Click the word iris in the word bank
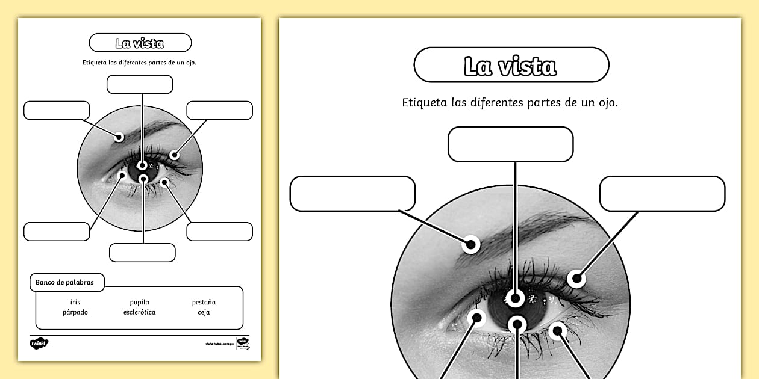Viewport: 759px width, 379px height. [x=75, y=302]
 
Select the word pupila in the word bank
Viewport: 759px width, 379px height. [x=139, y=302]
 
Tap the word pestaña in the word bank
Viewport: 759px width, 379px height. [x=204, y=302]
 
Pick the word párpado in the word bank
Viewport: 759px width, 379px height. [x=75, y=312]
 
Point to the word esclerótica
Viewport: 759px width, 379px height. [x=139, y=312]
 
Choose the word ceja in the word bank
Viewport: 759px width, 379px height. [x=204, y=312]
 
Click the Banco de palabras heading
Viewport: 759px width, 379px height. [x=64, y=282]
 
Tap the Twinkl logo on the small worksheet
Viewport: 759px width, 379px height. [x=39, y=343]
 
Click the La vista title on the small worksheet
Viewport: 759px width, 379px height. [x=140, y=43]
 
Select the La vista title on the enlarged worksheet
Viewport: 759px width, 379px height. [x=511, y=65]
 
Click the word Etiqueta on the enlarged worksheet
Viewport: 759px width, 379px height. [x=424, y=102]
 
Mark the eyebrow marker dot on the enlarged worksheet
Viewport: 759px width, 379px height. [x=471, y=244]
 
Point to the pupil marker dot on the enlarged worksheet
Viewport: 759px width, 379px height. [x=515, y=298]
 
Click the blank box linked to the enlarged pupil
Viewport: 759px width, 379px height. [x=510, y=144]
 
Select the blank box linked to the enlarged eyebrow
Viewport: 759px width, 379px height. [x=352, y=194]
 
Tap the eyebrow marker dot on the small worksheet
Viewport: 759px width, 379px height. [x=119, y=137]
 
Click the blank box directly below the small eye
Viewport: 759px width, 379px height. [x=142, y=253]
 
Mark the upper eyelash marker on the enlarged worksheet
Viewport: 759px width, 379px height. [x=577, y=279]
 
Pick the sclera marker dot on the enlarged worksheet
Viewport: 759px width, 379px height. [x=477, y=318]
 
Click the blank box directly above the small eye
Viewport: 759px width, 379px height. [x=140, y=84]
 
